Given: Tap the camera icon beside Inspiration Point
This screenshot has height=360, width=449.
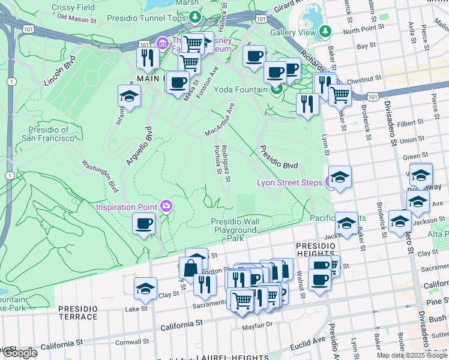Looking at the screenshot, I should tap(166, 206).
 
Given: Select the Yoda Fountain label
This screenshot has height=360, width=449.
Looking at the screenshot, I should tap(247, 90).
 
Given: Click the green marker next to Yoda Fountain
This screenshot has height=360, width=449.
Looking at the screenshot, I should tap(276, 91).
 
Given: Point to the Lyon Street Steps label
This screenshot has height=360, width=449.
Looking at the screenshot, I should tap(289, 182).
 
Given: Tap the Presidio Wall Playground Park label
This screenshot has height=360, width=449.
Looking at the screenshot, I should tap(235, 230).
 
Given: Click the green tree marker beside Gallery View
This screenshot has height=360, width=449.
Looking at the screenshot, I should tap(325, 31).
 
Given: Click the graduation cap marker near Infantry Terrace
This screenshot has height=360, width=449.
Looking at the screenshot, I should tap(128, 96).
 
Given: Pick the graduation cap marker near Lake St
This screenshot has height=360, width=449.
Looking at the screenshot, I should tap(145, 289).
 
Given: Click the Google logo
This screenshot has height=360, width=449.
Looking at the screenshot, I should tap(20, 353).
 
